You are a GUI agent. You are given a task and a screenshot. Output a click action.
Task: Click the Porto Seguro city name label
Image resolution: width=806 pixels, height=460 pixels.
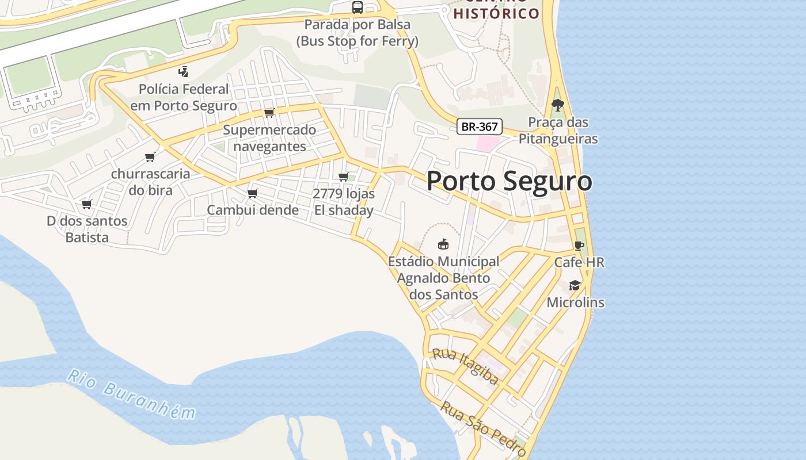[x=509, y=181]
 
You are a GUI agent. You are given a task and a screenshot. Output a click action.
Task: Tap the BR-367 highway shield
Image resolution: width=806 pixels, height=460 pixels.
[x=479, y=126]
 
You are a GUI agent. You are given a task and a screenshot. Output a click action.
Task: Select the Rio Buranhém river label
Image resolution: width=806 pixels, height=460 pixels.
[x=131, y=394]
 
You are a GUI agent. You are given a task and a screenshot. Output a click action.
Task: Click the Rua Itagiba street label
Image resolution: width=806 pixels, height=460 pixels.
[x=465, y=366]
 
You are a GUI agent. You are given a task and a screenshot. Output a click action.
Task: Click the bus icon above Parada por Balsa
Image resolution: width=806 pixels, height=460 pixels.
[x=358, y=7]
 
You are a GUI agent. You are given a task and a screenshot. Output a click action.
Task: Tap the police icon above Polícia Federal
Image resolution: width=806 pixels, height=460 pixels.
[x=183, y=72]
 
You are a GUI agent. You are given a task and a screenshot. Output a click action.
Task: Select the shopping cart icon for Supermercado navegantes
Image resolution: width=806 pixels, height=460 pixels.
[x=269, y=113]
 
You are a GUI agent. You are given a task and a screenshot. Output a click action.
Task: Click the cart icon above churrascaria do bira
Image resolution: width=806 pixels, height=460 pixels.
[x=150, y=157]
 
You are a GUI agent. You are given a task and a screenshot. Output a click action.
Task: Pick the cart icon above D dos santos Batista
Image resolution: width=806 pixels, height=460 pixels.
[x=87, y=204]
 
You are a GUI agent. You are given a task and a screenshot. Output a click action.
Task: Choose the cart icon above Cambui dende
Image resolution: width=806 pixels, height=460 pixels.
[x=252, y=193]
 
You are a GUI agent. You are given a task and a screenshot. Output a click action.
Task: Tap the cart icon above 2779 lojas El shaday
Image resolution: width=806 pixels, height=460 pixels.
[x=344, y=177]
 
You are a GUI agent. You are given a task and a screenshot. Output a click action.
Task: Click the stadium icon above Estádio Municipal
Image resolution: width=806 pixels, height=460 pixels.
[x=443, y=244]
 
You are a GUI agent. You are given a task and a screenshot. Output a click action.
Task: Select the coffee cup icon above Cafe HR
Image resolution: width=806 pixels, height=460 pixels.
[x=579, y=246]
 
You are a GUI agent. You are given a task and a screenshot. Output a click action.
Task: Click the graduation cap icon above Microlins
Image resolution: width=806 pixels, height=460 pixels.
[x=575, y=286]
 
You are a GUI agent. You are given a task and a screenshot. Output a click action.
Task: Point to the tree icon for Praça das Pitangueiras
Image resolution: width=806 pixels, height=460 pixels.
[x=557, y=105]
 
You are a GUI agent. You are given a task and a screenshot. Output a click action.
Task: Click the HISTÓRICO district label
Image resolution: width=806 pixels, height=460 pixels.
[x=496, y=13]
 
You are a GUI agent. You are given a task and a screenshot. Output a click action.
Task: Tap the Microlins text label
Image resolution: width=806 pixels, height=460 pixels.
[x=575, y=302]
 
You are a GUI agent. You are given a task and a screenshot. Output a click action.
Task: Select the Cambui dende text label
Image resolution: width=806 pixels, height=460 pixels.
[x=253, y=210]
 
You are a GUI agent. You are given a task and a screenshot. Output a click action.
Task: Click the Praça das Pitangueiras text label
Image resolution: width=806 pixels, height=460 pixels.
[x=558, y=131]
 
